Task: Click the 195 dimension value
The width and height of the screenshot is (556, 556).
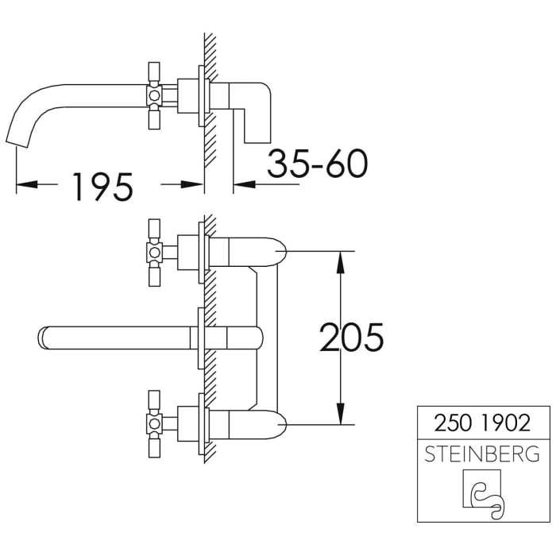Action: [101, 186]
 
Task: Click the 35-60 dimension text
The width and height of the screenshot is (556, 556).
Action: [317, 164]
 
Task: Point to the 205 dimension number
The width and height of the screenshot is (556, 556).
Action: [351, 338]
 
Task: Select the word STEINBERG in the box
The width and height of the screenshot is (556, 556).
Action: [483, 454]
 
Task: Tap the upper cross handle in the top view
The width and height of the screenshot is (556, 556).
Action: [154, 253]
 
